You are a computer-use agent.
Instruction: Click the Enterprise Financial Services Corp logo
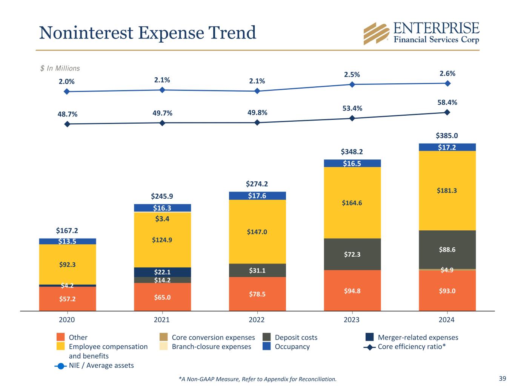(421, 34)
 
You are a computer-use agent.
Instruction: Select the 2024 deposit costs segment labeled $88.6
(447, 249)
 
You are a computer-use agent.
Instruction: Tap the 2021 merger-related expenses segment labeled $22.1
(162, 272)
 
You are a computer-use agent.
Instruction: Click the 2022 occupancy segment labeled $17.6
(257, 196)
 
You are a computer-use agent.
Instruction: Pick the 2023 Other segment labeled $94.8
(352, 291)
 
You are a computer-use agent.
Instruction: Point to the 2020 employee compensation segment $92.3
(68, 264)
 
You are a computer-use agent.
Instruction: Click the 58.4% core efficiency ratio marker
(447, 112)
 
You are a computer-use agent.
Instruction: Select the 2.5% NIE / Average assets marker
(352, 84)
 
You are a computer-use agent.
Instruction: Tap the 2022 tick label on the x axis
(257, 320)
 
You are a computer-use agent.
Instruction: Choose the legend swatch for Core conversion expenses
(163, 337)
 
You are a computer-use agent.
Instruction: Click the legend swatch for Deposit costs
(267, 337)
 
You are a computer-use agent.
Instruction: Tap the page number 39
(502, 378)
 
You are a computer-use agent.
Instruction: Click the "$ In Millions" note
(60, 68)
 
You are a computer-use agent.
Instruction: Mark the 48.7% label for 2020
(67, 114)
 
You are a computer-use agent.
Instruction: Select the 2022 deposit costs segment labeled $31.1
(257, 270)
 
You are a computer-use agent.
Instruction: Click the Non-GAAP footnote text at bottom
(257, 379)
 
